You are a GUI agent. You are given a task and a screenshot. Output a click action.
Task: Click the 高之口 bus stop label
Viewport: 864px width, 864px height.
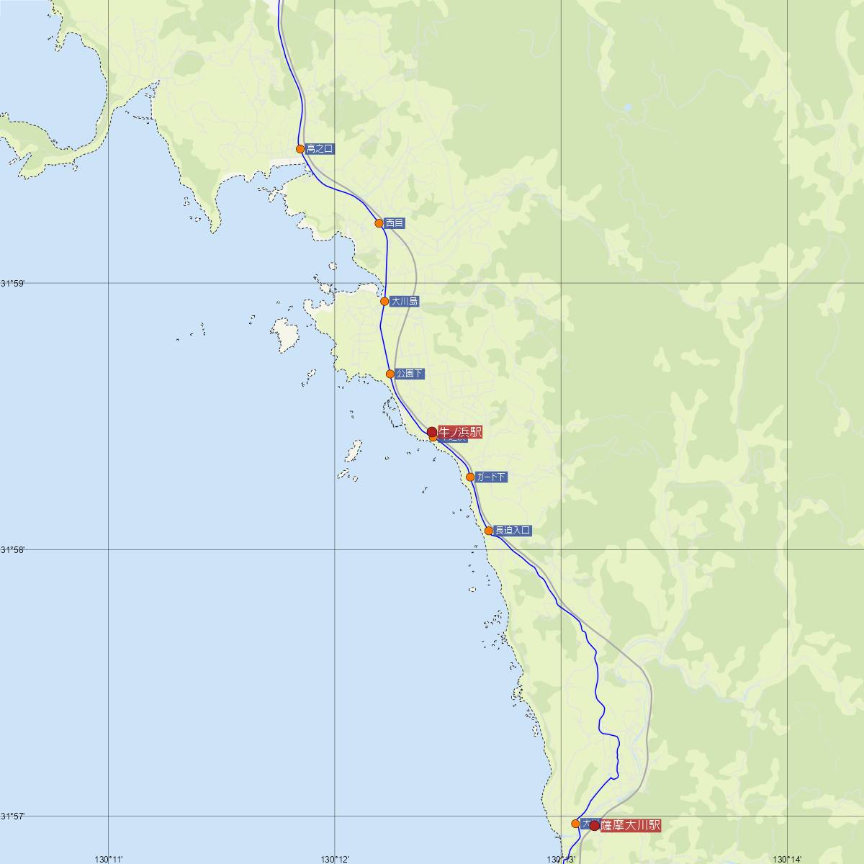point(320,149)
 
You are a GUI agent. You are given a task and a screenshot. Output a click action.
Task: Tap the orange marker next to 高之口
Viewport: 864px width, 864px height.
point(300,149)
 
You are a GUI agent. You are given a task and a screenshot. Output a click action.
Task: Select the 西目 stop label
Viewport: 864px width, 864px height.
point(395,223)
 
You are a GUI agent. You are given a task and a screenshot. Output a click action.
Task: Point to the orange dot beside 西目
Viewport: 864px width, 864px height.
point(379,223)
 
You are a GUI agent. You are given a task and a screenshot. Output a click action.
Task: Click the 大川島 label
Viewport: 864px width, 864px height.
point(404,302)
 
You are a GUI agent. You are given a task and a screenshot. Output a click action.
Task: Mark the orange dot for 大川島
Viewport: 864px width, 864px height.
point(384,302)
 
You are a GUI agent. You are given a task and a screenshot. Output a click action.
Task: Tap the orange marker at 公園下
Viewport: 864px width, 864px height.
point(390,374)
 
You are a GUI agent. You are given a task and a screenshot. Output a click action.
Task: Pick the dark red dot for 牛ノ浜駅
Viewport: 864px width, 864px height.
point(432,432)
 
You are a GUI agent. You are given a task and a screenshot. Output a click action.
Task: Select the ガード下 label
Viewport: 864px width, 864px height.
point(491,477)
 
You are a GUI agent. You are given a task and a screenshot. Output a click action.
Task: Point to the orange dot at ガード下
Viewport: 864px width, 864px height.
point(470,477)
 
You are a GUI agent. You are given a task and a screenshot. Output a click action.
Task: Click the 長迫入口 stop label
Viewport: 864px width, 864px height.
point(513,531)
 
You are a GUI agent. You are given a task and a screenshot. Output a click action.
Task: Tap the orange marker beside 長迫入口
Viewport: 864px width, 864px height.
point(489,531)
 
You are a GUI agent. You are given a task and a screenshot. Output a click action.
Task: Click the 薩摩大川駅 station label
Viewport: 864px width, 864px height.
point(630,826)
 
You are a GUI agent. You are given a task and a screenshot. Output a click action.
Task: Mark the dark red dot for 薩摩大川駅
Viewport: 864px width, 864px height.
point(594,826)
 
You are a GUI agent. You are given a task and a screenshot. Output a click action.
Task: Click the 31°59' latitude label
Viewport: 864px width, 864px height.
point(12,283)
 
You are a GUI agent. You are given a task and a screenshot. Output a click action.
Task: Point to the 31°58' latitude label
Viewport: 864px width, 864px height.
point(12,549)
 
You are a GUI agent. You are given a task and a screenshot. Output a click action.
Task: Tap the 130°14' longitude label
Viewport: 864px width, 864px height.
point(788,858)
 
